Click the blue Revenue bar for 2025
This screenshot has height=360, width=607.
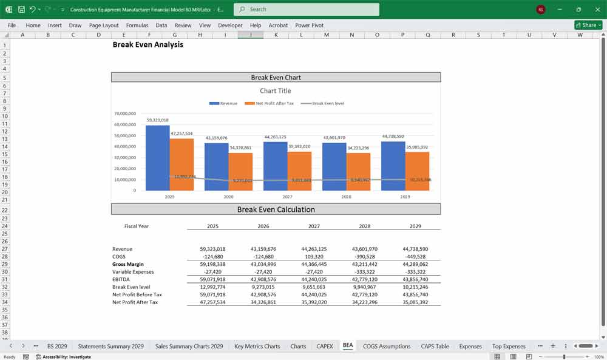point(157,158)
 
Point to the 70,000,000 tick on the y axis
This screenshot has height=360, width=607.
point(124,114)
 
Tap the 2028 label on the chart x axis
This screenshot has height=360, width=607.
point(346,197)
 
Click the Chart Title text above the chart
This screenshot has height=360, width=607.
point(276,91)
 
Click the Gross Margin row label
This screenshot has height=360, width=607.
point(128,265)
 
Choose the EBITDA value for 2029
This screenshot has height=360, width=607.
point(415,279)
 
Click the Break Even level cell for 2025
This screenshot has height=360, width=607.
point(212,287)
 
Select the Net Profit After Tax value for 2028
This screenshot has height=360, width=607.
point(365,302)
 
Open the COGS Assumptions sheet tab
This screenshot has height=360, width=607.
point(386,346)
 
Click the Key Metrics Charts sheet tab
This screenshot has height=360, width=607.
point(257,346)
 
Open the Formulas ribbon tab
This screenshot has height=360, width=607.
point(137,25)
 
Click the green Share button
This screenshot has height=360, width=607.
point(588,25)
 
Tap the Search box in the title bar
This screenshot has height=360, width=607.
point(307,9)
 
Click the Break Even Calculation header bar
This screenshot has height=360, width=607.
point(276,209)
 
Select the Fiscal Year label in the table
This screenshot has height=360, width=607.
point(137,226)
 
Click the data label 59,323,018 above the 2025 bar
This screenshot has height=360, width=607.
point(157,120)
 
